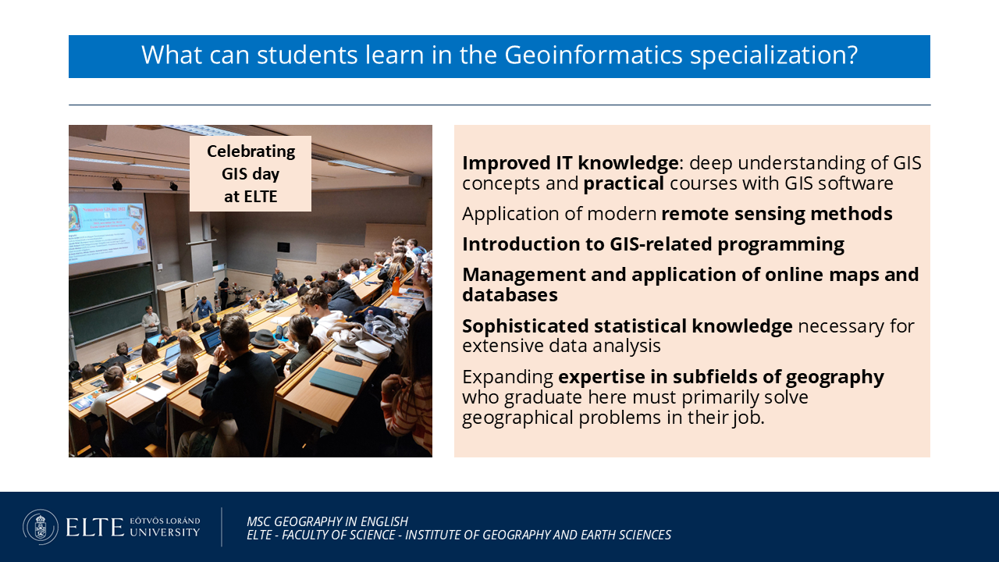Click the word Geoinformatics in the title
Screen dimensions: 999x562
(x=593, y=55)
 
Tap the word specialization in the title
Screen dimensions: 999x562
(x=773, y=55)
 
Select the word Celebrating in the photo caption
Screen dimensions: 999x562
(x=251, y=151)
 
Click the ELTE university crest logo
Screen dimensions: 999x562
(x=41, y=527)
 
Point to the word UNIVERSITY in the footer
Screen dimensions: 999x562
(x=165, y=532)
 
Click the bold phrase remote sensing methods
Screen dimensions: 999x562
(x=777, y=214)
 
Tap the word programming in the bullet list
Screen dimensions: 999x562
(x=780, y=245)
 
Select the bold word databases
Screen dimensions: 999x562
(x=510, y=295)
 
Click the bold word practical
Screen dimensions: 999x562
(x=624, y=183)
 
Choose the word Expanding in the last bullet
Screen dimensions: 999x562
(x=507, y=377)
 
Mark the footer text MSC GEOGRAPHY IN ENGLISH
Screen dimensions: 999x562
(x=327, y=521)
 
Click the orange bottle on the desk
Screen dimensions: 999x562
(x=395, y=286)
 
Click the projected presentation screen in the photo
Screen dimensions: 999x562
(x=108, y=233)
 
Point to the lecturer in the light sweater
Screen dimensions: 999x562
(x=151, y=321)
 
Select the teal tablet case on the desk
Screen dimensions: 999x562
(x=337, y=382)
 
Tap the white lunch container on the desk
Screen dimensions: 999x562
(x=372, y=349)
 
